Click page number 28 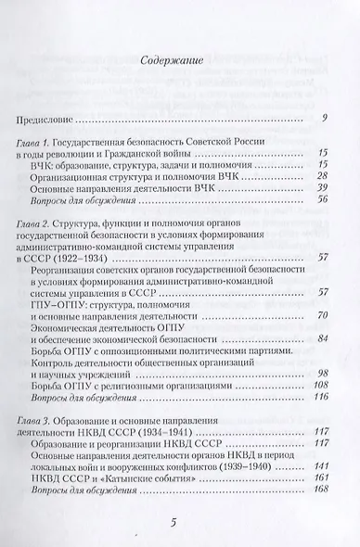point(324,175)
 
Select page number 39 point(324,187)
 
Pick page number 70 point(324,316)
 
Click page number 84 point(324,339)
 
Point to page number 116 point(322,397)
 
